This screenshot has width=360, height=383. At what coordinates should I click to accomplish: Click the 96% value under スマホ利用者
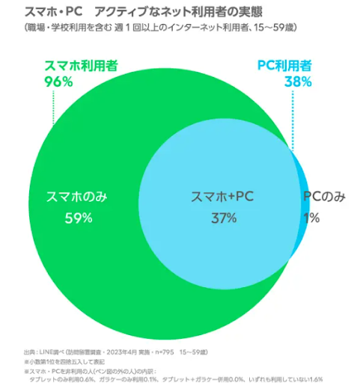[59, 82]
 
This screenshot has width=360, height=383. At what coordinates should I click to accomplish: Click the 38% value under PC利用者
[297, 82]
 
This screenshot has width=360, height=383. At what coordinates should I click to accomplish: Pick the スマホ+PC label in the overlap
[223, 197]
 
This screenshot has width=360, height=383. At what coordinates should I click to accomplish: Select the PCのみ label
[324, 197]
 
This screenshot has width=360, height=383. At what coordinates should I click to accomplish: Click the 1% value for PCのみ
[312, 218]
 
